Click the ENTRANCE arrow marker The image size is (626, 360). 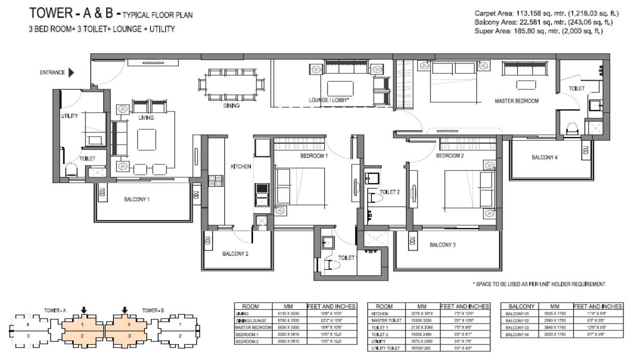71,73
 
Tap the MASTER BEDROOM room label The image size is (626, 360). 516,101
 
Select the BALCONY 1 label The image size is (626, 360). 137,199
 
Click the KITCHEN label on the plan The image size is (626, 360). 241,167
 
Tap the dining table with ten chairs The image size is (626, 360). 228,85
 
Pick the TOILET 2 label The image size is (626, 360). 389,192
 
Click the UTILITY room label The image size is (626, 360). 69,116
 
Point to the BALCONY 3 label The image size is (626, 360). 442,245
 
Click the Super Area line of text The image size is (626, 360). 538,31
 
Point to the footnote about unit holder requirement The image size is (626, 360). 539,284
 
